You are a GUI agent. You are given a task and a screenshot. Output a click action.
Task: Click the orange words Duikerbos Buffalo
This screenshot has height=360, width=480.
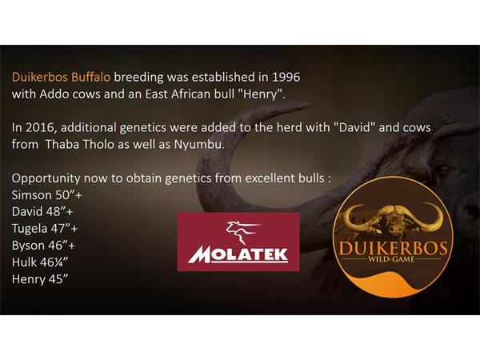point(61,77)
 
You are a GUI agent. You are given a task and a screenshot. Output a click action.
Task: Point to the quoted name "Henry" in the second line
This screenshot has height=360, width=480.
point(260,94)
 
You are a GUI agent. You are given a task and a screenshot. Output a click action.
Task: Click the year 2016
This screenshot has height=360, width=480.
point(42,128)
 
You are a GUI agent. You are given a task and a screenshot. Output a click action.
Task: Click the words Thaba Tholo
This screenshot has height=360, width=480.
point(79,144)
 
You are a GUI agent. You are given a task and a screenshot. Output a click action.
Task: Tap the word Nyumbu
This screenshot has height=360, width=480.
point(199,145)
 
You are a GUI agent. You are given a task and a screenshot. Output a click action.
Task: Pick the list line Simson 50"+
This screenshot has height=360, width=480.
point(47,194)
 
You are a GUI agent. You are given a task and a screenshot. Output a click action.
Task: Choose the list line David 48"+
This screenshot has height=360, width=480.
point(42,211)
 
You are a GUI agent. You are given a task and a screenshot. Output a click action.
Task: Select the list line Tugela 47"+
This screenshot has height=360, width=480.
point(45,228)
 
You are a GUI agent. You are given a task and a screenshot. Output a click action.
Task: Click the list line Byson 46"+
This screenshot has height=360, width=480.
point(43,246)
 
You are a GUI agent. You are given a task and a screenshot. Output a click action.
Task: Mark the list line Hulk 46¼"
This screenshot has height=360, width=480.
point(40,262)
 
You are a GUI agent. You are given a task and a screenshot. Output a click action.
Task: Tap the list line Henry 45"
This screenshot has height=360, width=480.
point(40,279)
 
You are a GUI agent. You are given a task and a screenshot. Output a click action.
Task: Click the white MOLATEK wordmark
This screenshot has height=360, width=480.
point(238,254)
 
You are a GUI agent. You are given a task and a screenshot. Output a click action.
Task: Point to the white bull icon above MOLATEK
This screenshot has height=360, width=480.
point(242,232)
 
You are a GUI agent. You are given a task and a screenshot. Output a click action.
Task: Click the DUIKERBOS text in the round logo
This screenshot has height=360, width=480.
point(393,248)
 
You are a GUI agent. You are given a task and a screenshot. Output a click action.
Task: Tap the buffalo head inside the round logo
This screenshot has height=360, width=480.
point(394,221)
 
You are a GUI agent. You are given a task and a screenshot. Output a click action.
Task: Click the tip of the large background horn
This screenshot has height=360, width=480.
point(309,105)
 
